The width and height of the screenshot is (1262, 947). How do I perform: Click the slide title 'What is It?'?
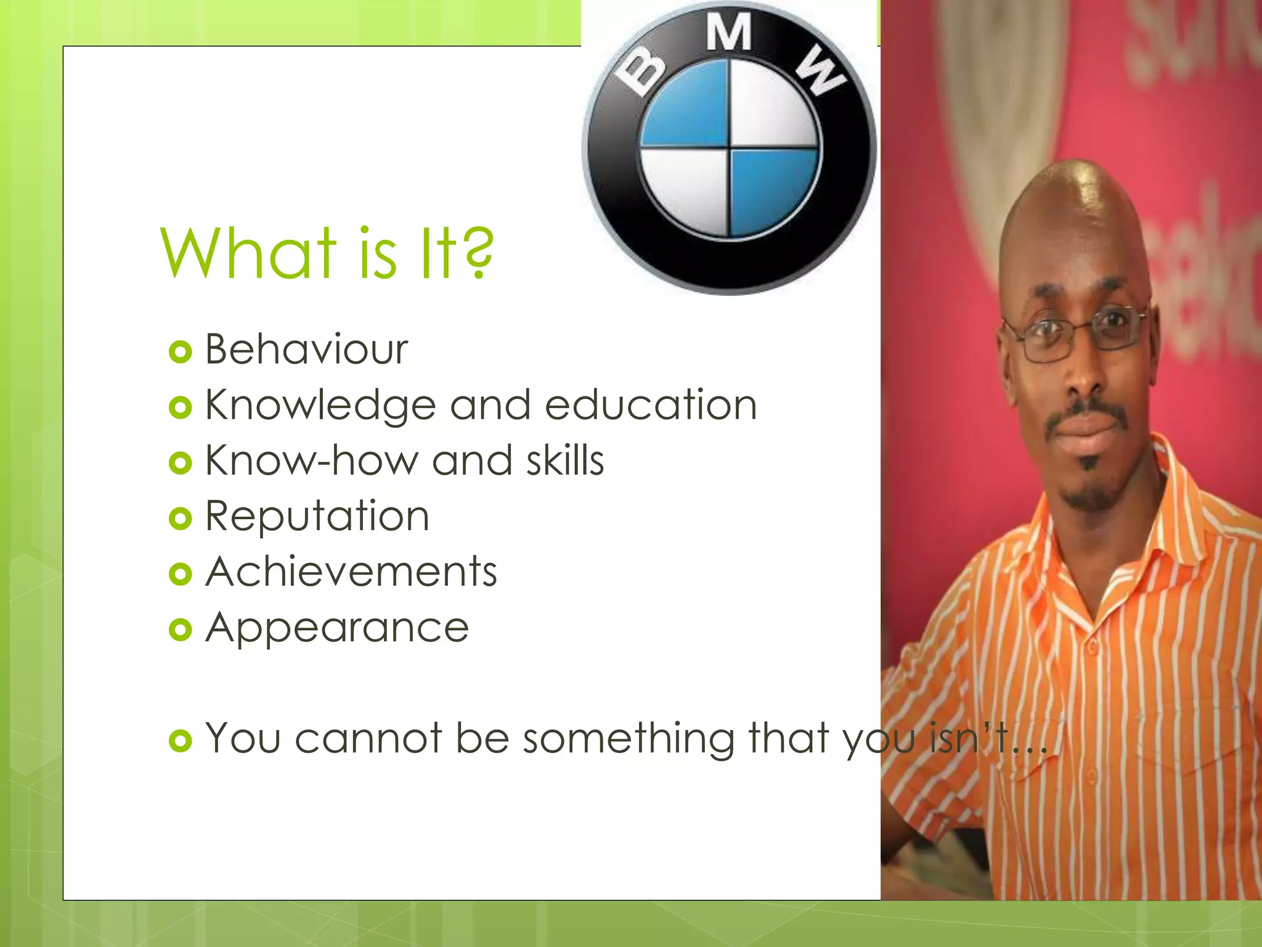tap(327, 253)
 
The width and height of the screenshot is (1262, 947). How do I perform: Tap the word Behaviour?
tap(306, 350)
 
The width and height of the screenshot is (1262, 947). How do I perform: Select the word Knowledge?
tap(320, 406)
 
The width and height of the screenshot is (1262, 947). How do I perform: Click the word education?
tap(651, 405)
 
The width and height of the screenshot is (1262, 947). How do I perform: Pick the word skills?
tap(565, 461)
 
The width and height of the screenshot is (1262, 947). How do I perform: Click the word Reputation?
tap(317, 516)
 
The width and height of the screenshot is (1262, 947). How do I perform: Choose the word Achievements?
tap(351, 572)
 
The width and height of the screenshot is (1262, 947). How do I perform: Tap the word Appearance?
tap(337, 628)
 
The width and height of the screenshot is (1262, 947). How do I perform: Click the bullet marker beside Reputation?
tap(180, 519)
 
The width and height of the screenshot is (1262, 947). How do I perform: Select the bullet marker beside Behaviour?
tap(180, 352)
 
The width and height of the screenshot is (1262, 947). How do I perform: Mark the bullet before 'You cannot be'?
tap(180, 740)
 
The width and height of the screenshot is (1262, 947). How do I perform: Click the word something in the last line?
tap(629, 738)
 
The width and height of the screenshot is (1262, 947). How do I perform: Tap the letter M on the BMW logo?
tap(728, 32)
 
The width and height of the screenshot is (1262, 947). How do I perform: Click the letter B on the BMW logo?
tap(641, 73)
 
